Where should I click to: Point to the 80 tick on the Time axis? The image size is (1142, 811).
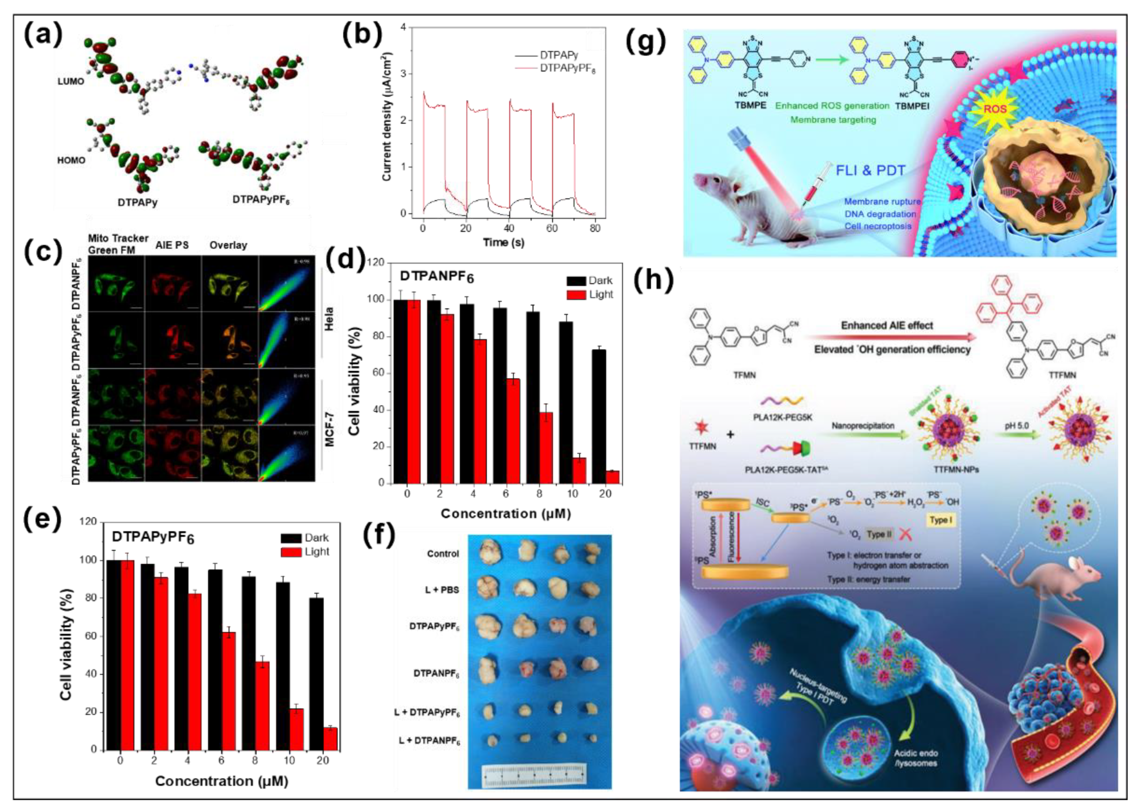(595, 228)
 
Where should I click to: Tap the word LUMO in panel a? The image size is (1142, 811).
(71, 81)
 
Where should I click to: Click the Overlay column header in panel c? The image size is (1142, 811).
(228, 245)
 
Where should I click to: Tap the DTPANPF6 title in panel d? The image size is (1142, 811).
(437, 277)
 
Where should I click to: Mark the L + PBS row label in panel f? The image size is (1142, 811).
(442, 590)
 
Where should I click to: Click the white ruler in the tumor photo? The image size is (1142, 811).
(534, 776)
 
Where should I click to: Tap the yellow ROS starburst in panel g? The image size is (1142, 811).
(994, 109)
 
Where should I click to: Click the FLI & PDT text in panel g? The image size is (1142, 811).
(870, 171)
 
